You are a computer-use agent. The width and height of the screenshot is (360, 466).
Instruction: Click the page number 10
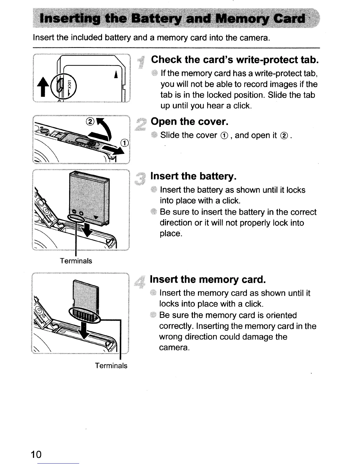(36, 454)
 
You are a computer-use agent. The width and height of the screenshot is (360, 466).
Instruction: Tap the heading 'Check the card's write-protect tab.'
(235, 60)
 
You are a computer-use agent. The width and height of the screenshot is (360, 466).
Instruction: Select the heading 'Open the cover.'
(189, 122)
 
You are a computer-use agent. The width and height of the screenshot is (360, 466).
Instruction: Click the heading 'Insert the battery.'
(193, 176)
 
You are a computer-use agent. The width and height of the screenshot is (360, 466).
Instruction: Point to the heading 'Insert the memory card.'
(208, 279)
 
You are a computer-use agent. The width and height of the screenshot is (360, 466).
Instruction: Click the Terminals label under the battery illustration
(76, 261)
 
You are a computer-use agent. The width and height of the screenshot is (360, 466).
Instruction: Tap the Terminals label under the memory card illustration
(111, 366)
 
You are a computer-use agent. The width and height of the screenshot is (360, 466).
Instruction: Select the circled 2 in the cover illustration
(91, 122)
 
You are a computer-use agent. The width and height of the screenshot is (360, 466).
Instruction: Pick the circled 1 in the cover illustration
(125, 143)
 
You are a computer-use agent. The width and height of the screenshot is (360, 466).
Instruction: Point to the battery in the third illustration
(88, 197)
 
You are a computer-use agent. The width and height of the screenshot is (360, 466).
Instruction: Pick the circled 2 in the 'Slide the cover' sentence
(284, 135)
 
